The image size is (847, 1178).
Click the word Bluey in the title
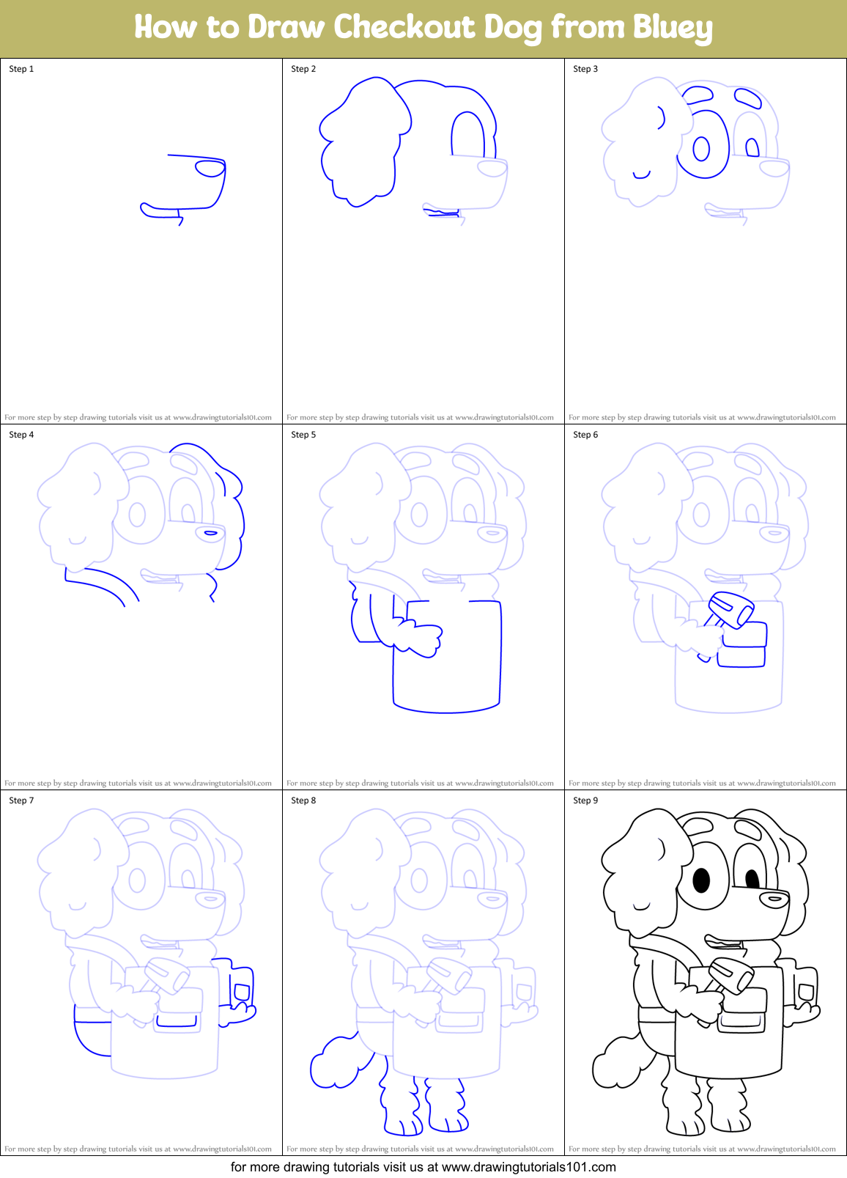click(x=672, y=28)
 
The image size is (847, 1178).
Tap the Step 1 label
click(x=21, y=69)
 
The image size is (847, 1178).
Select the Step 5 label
click(x=303, y=435)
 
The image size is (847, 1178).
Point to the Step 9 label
click(x=585, y=800)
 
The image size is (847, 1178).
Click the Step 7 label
click(x=21, y=800)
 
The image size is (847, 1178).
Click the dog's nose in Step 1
click(x=210, y=169)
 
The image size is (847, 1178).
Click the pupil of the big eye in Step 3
click(x=701, y=149)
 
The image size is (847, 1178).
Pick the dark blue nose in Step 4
click(x=211, y=533)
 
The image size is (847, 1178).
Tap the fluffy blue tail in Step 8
click(x=334, y=1063)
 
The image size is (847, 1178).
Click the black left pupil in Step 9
click(x=701, y=880)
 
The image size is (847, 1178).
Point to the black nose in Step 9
click(x=775, y=898)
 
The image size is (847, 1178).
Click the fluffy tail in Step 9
click(x=616, y=1062)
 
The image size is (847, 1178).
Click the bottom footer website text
click(x=423, y=1167)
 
